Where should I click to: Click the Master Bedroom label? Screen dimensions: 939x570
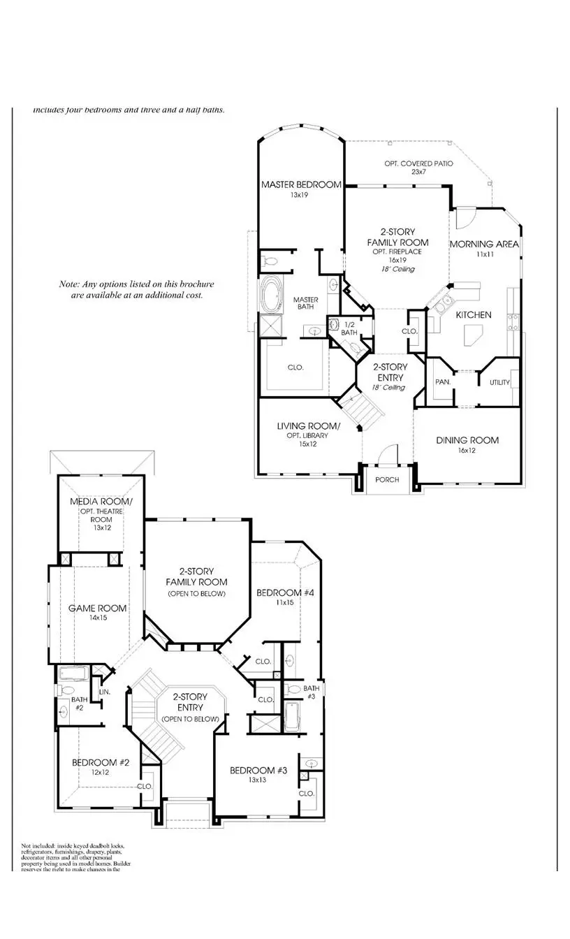(301, 185)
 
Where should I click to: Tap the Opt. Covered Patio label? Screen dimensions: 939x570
(418, 163)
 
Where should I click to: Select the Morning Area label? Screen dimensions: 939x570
(483, 244)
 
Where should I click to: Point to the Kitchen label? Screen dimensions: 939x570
(474, 315)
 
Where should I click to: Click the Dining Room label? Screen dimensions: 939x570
(467, 440)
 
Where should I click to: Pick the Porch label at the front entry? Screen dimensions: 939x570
(387, 480)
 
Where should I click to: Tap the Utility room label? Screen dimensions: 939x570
(499, 382)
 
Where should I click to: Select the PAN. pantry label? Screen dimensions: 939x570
(441, 382)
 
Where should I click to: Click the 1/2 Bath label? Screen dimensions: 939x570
(349, 328)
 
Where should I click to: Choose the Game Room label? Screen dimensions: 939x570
(97, 608)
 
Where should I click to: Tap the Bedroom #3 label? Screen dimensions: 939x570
(258, 770)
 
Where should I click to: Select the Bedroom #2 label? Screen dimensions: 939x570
(101, 762)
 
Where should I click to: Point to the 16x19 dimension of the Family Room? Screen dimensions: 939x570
(397, 260)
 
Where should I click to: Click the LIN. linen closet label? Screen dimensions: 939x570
(105, 692)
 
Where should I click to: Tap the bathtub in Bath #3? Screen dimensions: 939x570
(291, 718)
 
